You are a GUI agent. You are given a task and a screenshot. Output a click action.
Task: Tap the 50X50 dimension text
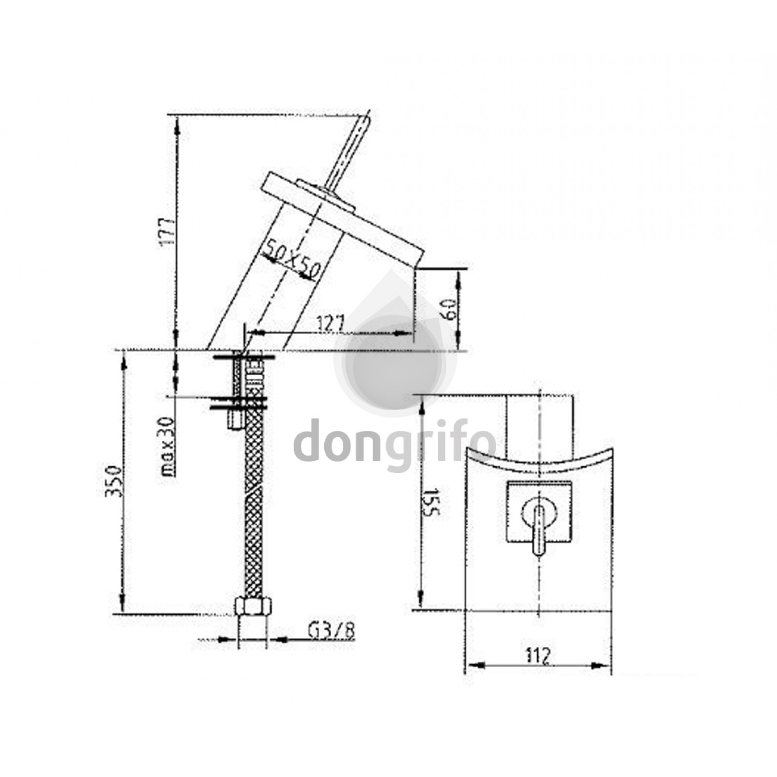[x=291, y=261]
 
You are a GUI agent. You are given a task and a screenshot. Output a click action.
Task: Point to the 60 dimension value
[x=450, y=309]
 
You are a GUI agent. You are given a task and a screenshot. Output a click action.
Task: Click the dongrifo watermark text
[x=395, y=444]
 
